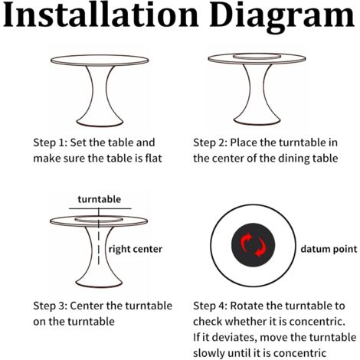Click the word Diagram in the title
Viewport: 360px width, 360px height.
282,18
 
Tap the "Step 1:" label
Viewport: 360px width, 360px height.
50,142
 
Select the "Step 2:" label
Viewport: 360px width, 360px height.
210,142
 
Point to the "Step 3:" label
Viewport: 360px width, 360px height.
50,306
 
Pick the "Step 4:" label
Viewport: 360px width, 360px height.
210,306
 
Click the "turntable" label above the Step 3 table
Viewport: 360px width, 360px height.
100,199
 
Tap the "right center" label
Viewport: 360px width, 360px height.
136,249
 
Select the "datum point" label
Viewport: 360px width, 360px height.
329,249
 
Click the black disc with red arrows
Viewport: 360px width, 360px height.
253,245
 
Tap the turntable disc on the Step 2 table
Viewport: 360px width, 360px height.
257,57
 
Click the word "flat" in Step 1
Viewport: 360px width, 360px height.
154,159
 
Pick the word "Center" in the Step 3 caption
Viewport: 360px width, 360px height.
87,306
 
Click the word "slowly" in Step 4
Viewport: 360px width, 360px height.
208,353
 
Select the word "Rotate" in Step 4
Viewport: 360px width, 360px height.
247,306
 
